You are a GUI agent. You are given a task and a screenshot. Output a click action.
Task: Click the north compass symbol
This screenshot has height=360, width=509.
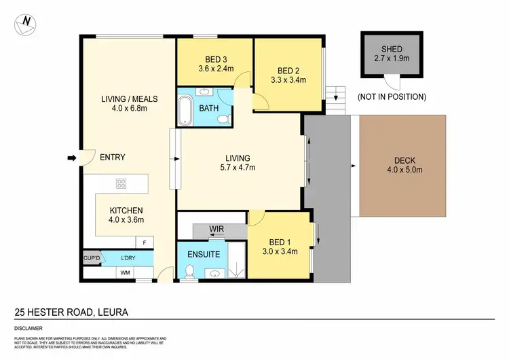coord(26,22)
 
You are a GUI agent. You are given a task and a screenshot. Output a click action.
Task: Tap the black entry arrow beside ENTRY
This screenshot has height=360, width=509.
coord(71,158)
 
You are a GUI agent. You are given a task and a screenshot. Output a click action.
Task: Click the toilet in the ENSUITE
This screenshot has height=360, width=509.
coord(190,272)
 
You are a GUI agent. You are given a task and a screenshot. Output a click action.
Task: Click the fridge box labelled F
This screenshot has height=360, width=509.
coord(144,242)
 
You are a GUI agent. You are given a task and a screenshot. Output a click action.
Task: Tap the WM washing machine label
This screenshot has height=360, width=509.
coord(125,272)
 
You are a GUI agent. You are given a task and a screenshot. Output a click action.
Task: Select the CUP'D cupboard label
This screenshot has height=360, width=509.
coord(92,259)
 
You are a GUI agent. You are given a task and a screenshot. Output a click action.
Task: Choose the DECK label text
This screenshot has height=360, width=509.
coord(403,161)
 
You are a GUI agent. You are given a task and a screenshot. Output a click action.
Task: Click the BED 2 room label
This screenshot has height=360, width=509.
coord(288,70)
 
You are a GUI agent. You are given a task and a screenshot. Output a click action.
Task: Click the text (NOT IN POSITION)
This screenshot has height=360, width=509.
coord(392,97)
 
